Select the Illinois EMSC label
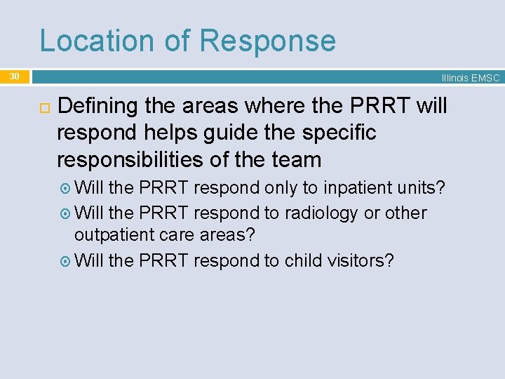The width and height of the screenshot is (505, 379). click(x=470, y=78)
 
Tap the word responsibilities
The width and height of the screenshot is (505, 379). click(x=132, y=159)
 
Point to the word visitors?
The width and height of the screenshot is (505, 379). click(x=361, y=260)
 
